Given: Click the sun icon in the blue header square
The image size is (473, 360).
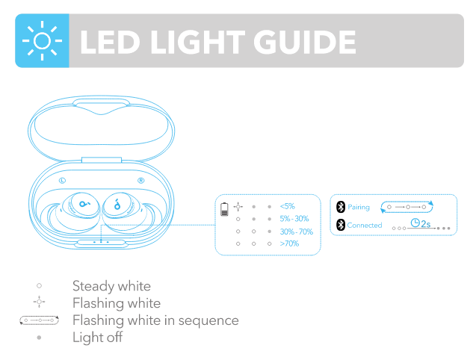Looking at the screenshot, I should click(x=42, y=41).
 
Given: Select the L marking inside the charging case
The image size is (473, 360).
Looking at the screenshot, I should click(x=62, y=181).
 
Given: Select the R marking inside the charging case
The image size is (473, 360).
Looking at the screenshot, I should click(x=141, y=181).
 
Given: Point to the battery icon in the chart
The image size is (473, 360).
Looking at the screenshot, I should click(x=225, y=208).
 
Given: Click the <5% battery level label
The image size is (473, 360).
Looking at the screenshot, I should click(x=287, y=205).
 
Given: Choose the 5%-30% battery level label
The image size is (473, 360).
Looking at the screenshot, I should click(x=294, y=218).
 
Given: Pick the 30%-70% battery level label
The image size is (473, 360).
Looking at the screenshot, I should click(x=296, y=232).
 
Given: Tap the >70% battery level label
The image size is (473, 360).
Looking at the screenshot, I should click(x=289, y=244).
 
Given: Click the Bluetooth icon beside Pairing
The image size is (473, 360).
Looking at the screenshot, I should click(x=341, y=207).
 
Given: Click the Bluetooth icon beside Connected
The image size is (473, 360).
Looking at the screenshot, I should click(x=341, y=225).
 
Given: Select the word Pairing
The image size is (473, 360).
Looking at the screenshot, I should click(x=359, y=207).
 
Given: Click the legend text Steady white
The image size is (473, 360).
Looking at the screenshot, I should click(x=111, y=286).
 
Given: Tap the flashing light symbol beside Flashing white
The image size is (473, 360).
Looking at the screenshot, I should click(x=39, y=302).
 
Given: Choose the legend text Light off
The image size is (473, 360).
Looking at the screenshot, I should click(x=97, y=337).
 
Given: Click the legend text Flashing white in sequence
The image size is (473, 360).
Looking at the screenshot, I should click(x=155, y=320).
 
